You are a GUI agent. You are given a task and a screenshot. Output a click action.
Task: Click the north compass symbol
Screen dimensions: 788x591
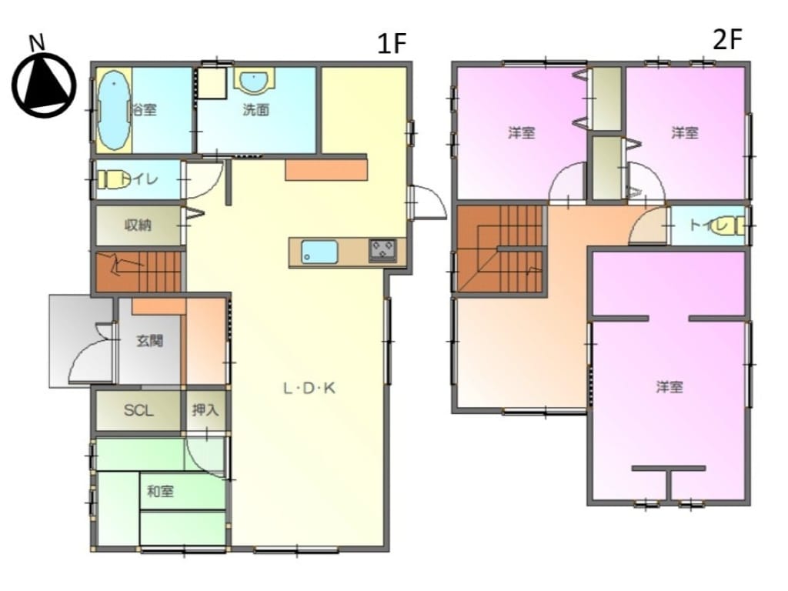[x=44, y=81]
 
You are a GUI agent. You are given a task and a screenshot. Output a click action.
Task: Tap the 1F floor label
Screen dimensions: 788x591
[x=391, y=43]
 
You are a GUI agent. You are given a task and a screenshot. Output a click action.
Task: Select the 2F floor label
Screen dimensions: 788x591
[x=727, y=39]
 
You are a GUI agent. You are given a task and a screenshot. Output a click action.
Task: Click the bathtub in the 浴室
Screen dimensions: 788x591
[x=114, y=109]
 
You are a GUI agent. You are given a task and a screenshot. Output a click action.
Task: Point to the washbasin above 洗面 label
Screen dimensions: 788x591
[x=255, y=80]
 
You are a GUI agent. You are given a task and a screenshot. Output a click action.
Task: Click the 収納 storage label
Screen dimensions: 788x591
[x=138, y=225]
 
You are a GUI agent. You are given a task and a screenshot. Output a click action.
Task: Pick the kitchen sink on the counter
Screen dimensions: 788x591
[x=319, y=252]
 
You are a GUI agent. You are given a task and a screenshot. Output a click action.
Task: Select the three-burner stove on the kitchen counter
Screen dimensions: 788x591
[x=382, y=250]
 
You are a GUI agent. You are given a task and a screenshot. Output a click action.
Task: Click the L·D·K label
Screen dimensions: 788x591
[x=309, y=388]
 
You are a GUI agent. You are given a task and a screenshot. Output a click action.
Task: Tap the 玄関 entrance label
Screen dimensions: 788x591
[x=150, y=340]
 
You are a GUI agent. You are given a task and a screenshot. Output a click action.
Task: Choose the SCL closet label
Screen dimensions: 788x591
[x=139, y=411]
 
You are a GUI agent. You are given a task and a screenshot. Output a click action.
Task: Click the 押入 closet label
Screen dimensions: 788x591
[x=205, y=410]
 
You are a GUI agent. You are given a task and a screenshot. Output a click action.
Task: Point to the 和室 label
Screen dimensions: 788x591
[x=160, y=491]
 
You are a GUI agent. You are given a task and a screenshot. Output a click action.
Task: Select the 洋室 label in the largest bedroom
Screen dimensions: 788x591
[x=669, y=387]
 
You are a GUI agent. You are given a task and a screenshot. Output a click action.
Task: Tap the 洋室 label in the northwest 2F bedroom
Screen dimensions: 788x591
[x=521, y=132]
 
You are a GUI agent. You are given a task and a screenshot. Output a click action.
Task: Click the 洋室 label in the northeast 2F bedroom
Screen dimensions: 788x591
[x=685, y=132]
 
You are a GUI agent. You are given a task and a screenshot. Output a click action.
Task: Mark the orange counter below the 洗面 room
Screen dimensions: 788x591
[x=326, y=170]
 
